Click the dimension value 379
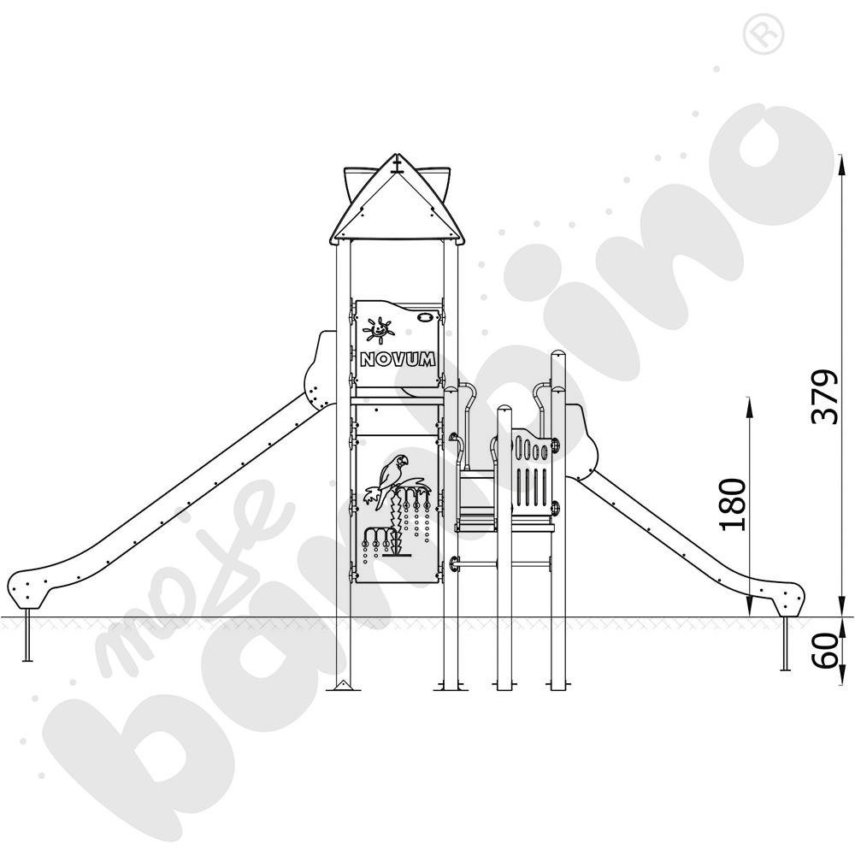(824, 397)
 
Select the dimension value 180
(733, 504)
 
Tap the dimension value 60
(826, 651)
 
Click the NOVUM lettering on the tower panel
(398, 359)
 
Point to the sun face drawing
(377, 330)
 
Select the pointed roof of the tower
(397, 199)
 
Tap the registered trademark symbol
(763, 34)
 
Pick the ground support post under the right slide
(786, 644)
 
